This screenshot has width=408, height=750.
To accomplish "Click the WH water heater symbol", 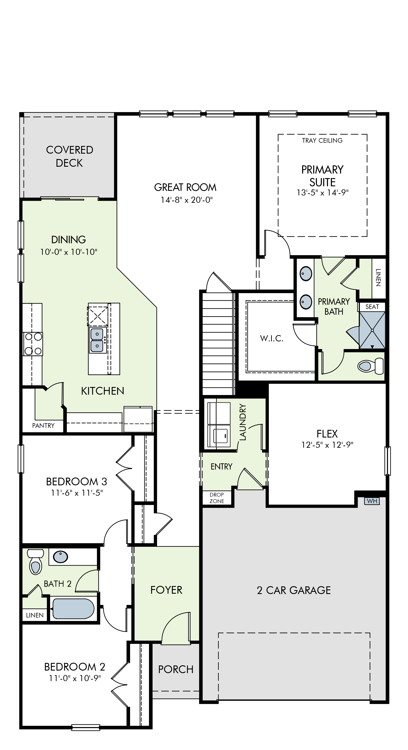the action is click(x=372, y=501).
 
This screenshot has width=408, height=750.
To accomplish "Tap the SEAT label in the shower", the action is click(x=372, y=307).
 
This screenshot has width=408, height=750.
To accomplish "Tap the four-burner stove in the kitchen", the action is click(x=33, y=344).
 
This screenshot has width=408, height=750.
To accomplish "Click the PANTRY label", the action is click(x=43, y=426).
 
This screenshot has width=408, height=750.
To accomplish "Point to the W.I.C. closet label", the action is click(x=272, y=338).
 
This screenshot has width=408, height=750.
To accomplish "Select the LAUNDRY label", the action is click(x=243, y=422).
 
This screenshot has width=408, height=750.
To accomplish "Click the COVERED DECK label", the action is click(x=70, y=156).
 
